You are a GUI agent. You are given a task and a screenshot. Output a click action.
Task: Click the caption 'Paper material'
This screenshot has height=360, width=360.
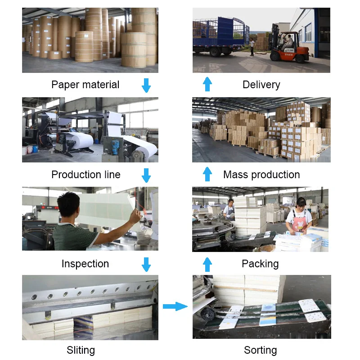[x=85, y=85]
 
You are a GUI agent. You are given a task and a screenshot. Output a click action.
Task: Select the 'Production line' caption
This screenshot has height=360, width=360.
[x=85, y=175]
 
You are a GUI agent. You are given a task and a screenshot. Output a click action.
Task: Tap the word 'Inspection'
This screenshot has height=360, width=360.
[x=85, y=264]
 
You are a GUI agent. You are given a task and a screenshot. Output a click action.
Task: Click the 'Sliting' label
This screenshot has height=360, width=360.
[x=81, y=350]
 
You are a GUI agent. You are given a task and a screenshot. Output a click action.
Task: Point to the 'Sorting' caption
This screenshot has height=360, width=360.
[x=260, y=350]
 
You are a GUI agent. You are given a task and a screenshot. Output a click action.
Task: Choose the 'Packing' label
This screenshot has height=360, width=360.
[x=260, y=264]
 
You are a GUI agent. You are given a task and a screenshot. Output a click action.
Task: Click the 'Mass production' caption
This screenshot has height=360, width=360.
[x=261, y=175]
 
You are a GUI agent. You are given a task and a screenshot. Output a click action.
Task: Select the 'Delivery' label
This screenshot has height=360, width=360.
[x=261, y=85]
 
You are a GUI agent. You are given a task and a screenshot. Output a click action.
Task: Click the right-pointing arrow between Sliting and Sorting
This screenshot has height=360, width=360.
[x=175, y=306]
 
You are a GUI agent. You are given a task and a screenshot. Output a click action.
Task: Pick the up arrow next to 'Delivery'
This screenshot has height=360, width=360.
[x=207, y=84]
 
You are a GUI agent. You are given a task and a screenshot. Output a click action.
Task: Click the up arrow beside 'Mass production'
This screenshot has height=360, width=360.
[x=207, y=174]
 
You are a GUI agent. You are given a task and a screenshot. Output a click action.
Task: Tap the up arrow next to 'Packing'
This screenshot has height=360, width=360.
[x=207, y=264]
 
